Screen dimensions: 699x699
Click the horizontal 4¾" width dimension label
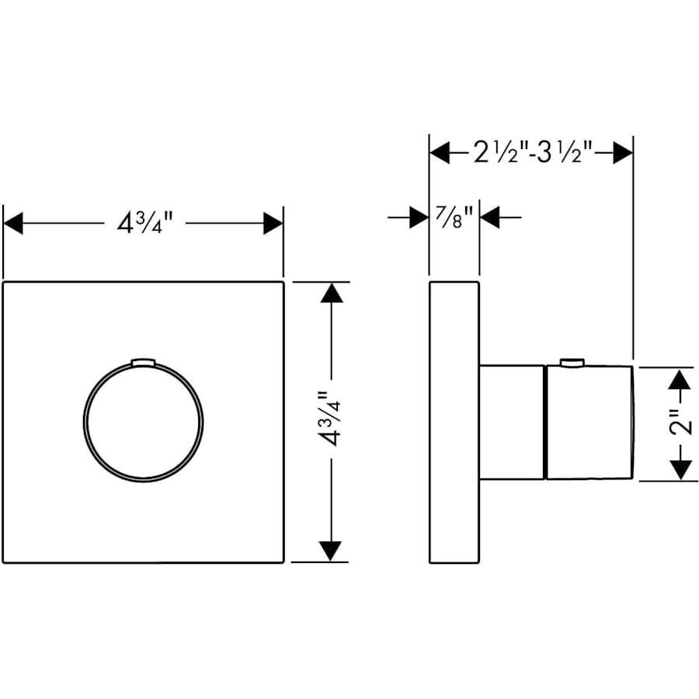point(144,224)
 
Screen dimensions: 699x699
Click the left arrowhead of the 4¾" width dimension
point(14,224)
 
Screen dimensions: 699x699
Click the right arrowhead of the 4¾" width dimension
point(273,224)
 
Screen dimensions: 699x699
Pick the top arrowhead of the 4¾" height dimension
point(332,293)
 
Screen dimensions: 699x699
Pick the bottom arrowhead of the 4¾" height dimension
point(332,551)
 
